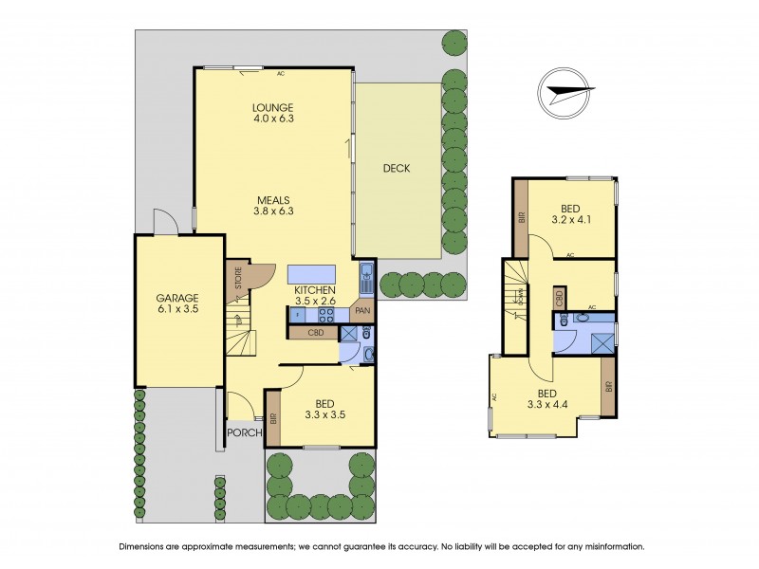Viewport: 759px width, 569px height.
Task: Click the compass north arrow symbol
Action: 565,91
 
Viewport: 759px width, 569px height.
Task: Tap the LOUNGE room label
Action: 273,106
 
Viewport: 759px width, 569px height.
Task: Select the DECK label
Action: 396,169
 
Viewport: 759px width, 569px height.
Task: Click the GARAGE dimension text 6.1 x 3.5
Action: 178,309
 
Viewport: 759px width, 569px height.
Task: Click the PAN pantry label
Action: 363,310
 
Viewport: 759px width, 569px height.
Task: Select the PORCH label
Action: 244,433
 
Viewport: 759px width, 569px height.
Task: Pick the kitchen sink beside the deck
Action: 366,281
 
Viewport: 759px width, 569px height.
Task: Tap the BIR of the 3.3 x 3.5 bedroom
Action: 272,417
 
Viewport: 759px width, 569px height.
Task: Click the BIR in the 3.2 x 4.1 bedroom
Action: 520,217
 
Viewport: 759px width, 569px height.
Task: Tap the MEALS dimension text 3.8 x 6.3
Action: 273,211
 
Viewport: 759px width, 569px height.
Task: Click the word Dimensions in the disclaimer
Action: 147,546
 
